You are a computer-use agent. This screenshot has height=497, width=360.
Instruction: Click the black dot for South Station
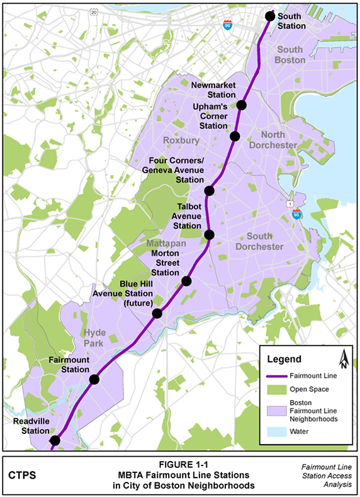(269, 16)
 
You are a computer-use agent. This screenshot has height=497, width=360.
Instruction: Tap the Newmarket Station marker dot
(242, 105)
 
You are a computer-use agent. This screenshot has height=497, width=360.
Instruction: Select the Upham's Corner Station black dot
(235, 136)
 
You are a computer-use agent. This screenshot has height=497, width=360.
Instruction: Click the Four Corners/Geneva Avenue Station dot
(210, 191)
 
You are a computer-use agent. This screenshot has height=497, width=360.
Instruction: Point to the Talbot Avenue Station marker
(210, 235)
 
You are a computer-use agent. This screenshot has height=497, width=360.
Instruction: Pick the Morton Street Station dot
(186, 281)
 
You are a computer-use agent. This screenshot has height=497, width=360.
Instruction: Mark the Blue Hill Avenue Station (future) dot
(157, 313)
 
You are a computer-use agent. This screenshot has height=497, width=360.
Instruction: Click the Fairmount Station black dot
(94, 379)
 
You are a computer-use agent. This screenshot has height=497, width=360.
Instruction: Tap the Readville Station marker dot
(55, 440)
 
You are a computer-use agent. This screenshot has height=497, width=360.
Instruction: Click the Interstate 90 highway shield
(227, 25)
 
